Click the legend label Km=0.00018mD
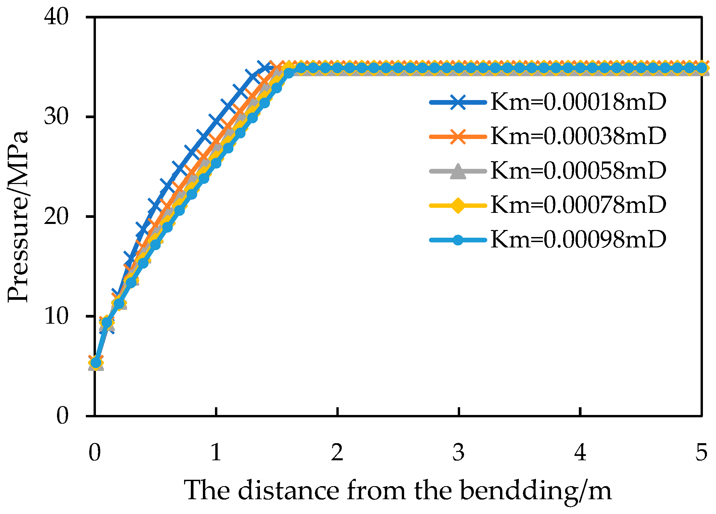578,102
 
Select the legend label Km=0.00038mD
578,136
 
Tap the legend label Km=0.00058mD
578,171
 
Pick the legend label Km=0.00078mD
578,205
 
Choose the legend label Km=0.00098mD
578,239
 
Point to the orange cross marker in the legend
458,137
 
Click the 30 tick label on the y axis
56,117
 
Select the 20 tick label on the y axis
56,217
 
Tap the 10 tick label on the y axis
56,316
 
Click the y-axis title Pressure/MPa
18,217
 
